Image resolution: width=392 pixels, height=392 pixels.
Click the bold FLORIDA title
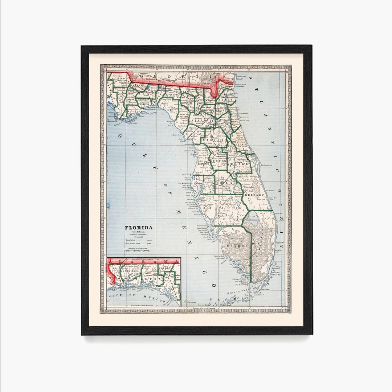pyautogui.click(x=139, y=228)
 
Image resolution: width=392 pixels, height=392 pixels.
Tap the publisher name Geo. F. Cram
pyautogui.click(x=139, y=233)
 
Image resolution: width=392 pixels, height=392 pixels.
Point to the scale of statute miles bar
pyautogui.click(x=138, y=250)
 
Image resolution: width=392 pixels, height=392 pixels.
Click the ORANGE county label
pyautogui.click(x=242, y=164)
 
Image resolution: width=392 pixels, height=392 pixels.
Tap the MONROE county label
pyautogui.click(x=235, y=246)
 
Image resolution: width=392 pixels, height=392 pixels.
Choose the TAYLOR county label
pyautogui.click(x=170, y=108)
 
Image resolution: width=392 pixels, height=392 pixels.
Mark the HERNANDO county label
pyautogui.click(x=204, y=164)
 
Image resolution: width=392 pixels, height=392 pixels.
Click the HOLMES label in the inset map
pyautogui.click(x=164, y=268)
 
